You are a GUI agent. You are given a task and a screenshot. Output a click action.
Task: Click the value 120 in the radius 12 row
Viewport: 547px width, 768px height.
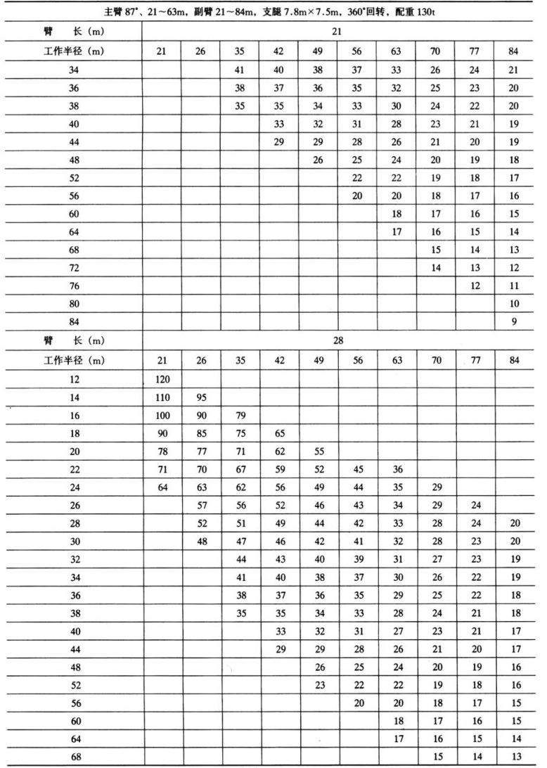coord(161,377)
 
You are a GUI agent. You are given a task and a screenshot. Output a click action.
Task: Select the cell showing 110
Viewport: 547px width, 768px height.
coord(161,396)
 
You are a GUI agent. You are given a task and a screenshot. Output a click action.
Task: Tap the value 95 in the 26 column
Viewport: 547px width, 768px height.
coord(200,396)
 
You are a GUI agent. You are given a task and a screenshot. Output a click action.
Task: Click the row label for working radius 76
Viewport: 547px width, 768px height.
coord(74,285)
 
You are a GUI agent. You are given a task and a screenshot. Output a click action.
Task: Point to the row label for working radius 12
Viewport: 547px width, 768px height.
coord(74,377)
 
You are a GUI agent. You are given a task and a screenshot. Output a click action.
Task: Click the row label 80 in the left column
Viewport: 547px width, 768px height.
coord(74,303)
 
